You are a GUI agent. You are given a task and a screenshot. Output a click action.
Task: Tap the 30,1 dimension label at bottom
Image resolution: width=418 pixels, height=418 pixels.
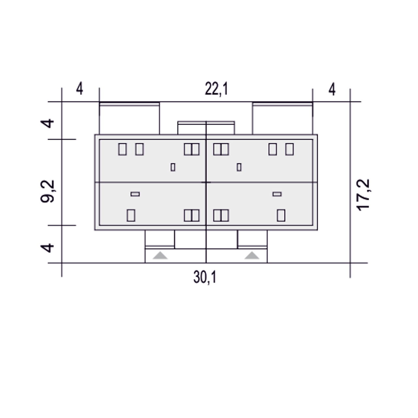205,278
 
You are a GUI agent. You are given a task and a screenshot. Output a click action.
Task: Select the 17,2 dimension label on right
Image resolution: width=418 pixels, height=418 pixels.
363,195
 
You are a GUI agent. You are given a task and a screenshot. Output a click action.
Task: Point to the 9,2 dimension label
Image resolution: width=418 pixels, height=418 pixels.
47,192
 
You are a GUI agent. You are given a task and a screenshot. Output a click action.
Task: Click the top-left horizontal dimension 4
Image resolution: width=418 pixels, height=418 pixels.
79,88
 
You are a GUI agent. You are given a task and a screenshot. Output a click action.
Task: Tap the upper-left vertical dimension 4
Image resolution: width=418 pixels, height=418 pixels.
47,123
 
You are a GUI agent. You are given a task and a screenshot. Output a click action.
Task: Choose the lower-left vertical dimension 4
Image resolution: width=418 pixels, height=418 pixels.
47,248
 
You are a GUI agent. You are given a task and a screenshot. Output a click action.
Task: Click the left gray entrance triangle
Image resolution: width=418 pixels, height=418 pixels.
160,256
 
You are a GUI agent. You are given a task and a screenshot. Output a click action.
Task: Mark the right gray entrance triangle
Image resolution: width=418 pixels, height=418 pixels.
252,256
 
